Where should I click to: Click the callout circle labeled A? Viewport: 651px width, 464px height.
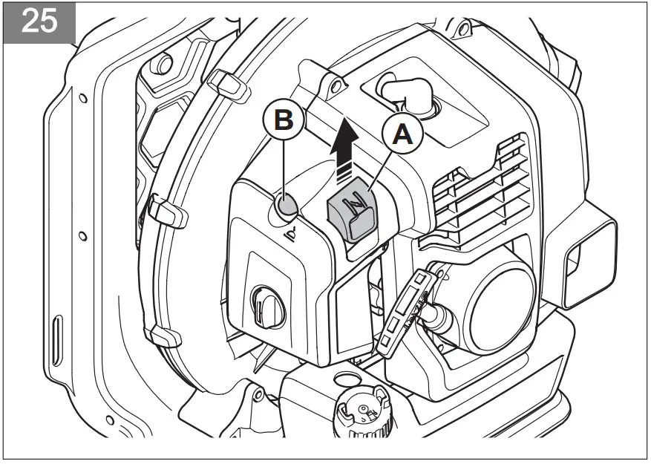click(x=402, y=134)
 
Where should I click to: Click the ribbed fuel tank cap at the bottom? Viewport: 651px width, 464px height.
click(x=362, y=413)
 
